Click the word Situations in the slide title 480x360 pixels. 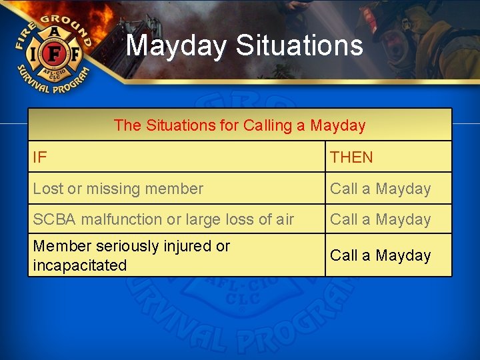point(299,46)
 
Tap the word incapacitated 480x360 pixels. point(79,265)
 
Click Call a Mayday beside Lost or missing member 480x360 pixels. point(381,189)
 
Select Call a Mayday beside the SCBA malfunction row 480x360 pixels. point(381,219)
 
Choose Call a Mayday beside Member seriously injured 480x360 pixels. point(381,255)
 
